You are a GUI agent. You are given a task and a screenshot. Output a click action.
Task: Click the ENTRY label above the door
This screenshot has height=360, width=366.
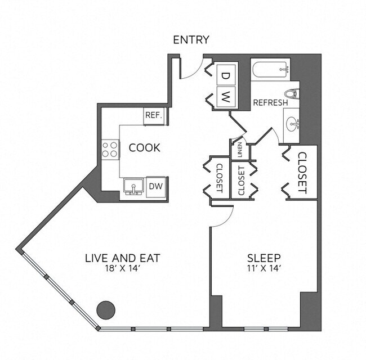click(191, 40)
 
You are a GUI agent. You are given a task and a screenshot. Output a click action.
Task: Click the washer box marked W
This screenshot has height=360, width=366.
click(225, 96)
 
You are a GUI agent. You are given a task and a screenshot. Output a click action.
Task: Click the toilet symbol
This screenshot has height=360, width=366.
click(291, 93)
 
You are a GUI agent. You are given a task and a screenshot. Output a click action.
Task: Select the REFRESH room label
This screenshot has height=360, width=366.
click(270, 103)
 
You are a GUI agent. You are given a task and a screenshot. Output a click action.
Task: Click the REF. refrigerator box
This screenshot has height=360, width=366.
click(154, 115)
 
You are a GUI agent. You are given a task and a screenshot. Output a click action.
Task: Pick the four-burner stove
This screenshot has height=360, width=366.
click(110, 149)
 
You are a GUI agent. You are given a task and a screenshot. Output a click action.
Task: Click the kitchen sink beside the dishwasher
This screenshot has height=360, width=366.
click(133, 186)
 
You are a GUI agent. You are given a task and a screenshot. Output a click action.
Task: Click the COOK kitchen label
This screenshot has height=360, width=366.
click(145, 148)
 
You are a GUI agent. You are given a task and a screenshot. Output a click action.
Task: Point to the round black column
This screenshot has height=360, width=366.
click(106, 309)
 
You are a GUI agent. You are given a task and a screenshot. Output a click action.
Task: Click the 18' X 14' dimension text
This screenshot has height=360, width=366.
click(123, 269)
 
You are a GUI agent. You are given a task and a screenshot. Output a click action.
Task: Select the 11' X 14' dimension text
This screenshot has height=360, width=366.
click(264, 269)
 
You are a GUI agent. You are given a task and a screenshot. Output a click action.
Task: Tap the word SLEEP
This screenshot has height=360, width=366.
click(264, 258)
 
